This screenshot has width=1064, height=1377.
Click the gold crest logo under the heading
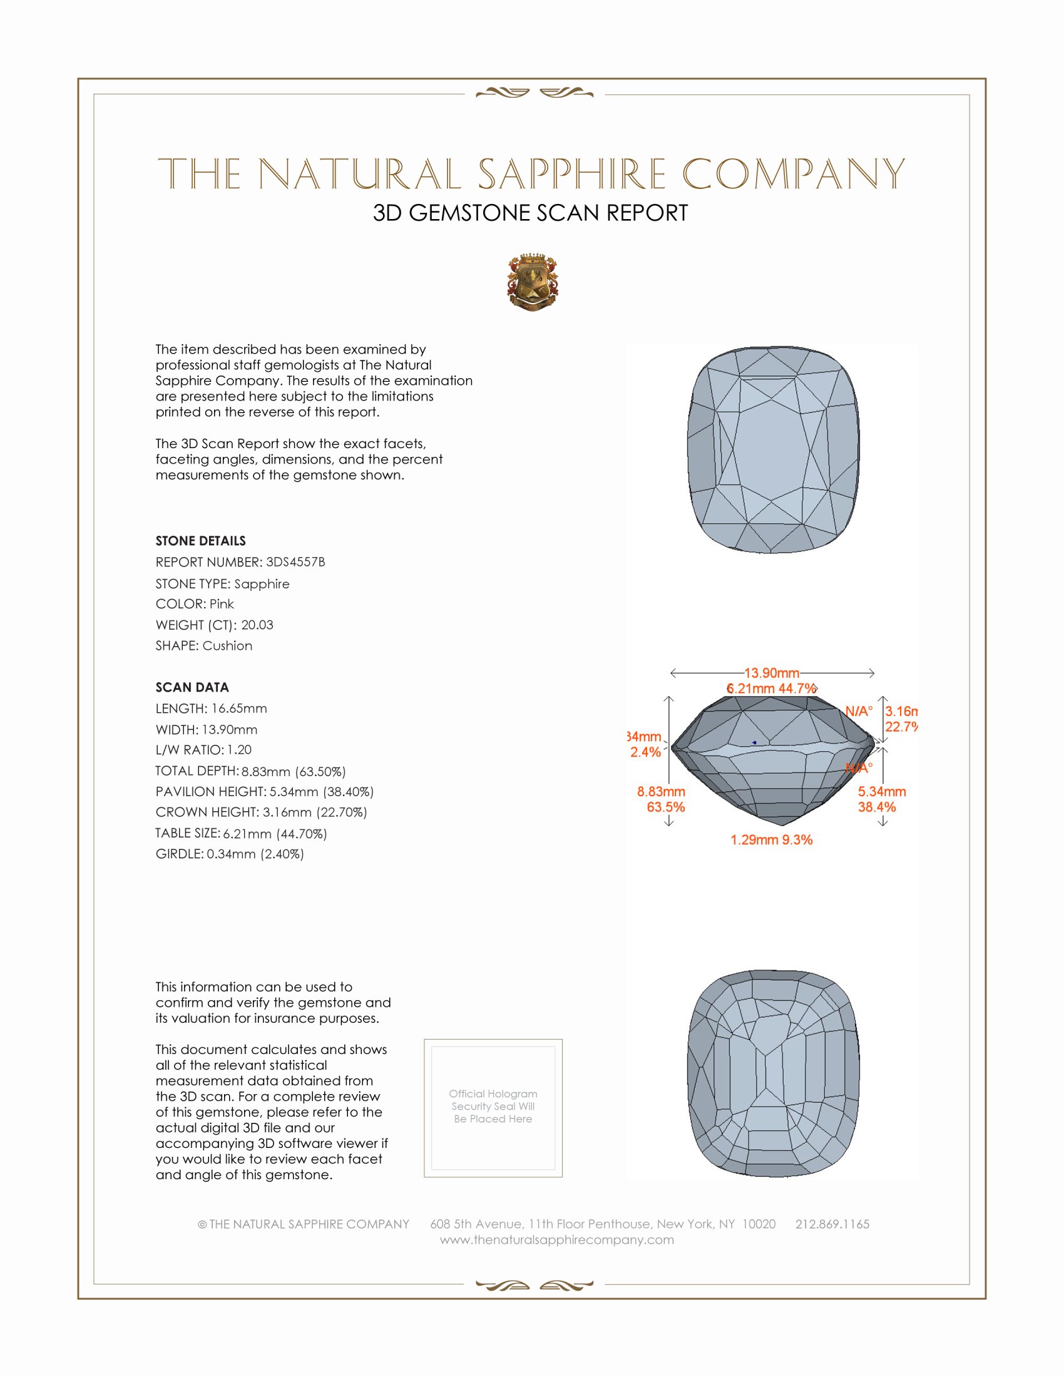[533, 282]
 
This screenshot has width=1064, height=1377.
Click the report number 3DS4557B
[295, 562]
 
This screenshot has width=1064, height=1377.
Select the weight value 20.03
[257, 625]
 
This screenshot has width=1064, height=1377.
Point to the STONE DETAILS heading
[200, 541]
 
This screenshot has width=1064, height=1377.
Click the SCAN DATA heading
[192, 687]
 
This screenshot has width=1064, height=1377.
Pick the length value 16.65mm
[239, 709]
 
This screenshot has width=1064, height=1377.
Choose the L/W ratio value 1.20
[240, 750]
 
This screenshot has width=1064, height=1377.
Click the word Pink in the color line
[221, 604]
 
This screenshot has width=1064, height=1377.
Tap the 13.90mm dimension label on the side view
[772, 673]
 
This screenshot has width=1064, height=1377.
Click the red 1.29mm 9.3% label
[772, 840]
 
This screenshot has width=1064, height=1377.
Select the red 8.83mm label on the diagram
[660, 792]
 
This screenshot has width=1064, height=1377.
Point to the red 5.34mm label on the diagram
[882, 792]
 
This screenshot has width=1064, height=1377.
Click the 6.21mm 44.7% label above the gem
[772, 688]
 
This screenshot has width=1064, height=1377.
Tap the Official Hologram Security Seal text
[493, 1106]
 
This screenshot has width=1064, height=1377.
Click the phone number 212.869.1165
[832, 1224]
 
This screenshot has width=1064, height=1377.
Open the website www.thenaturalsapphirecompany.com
[556, 1239]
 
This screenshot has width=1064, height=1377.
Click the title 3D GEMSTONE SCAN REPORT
[530, 213]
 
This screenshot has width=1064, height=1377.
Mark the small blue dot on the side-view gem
[755, 743]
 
